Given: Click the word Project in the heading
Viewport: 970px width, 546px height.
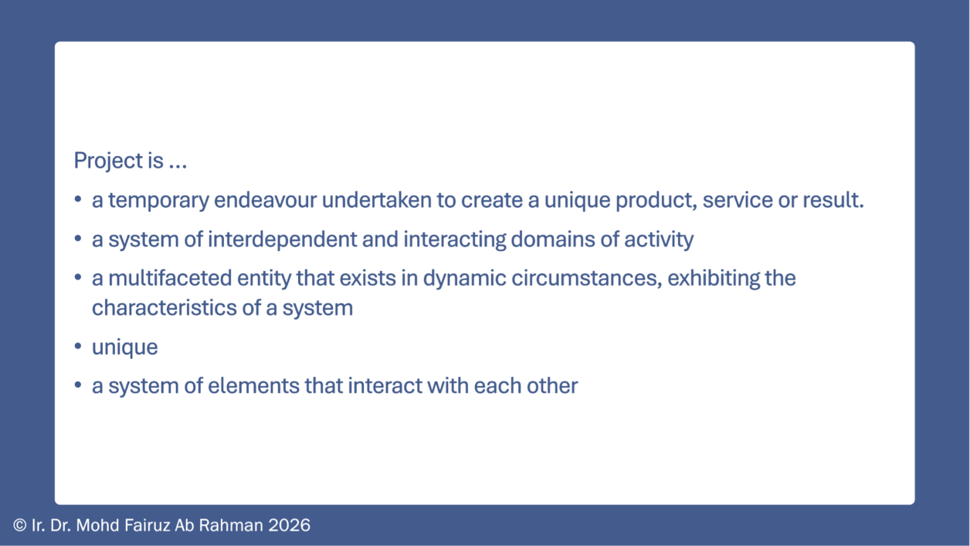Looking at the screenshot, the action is (108, 161).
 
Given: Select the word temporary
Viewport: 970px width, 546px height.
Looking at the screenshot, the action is (158, 201).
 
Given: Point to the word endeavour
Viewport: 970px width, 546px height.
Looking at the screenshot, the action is (266, 200).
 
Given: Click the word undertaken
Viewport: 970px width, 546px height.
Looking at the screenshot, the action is (377, 199).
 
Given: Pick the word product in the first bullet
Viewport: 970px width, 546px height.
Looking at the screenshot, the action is (656, 201).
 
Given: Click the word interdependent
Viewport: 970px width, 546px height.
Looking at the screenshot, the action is (283, 239).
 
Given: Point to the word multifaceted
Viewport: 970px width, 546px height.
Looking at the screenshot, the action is (170, 278).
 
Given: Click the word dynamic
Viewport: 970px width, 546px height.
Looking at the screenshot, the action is (464, 279).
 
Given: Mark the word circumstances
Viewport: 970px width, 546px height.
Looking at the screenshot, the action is (587, 279).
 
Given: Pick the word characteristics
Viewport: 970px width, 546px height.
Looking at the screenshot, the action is (164, 308).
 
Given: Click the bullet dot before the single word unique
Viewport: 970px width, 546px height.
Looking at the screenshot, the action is (78, 346).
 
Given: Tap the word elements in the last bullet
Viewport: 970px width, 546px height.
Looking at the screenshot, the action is (253, 386).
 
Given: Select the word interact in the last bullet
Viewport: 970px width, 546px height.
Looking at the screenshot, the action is (385, 386).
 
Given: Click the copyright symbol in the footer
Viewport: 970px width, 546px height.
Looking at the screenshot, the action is (20, 525).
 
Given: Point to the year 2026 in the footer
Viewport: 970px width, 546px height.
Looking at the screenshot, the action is (290, 525).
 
